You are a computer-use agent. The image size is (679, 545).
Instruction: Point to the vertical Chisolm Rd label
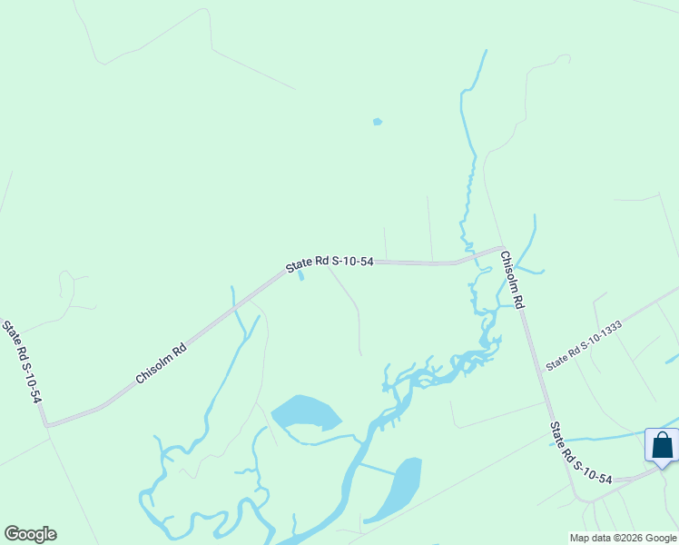coord(513,281)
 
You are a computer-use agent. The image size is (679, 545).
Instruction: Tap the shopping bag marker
coord(662,445)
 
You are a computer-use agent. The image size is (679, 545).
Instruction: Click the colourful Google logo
coord(30,534)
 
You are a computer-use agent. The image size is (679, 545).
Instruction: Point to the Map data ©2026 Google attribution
coord(623,538)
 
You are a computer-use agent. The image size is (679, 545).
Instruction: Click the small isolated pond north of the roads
coord(377,122)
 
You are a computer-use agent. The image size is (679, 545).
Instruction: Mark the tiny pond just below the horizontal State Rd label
coord(301,275)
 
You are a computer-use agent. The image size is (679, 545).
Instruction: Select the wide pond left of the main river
coord(305,411)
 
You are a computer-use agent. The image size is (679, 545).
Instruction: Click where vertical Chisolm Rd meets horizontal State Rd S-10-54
coord(502,247)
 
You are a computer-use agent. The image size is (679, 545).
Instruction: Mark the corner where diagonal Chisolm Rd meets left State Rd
coord(46,424)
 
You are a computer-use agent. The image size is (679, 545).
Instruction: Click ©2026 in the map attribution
coord(628,538)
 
